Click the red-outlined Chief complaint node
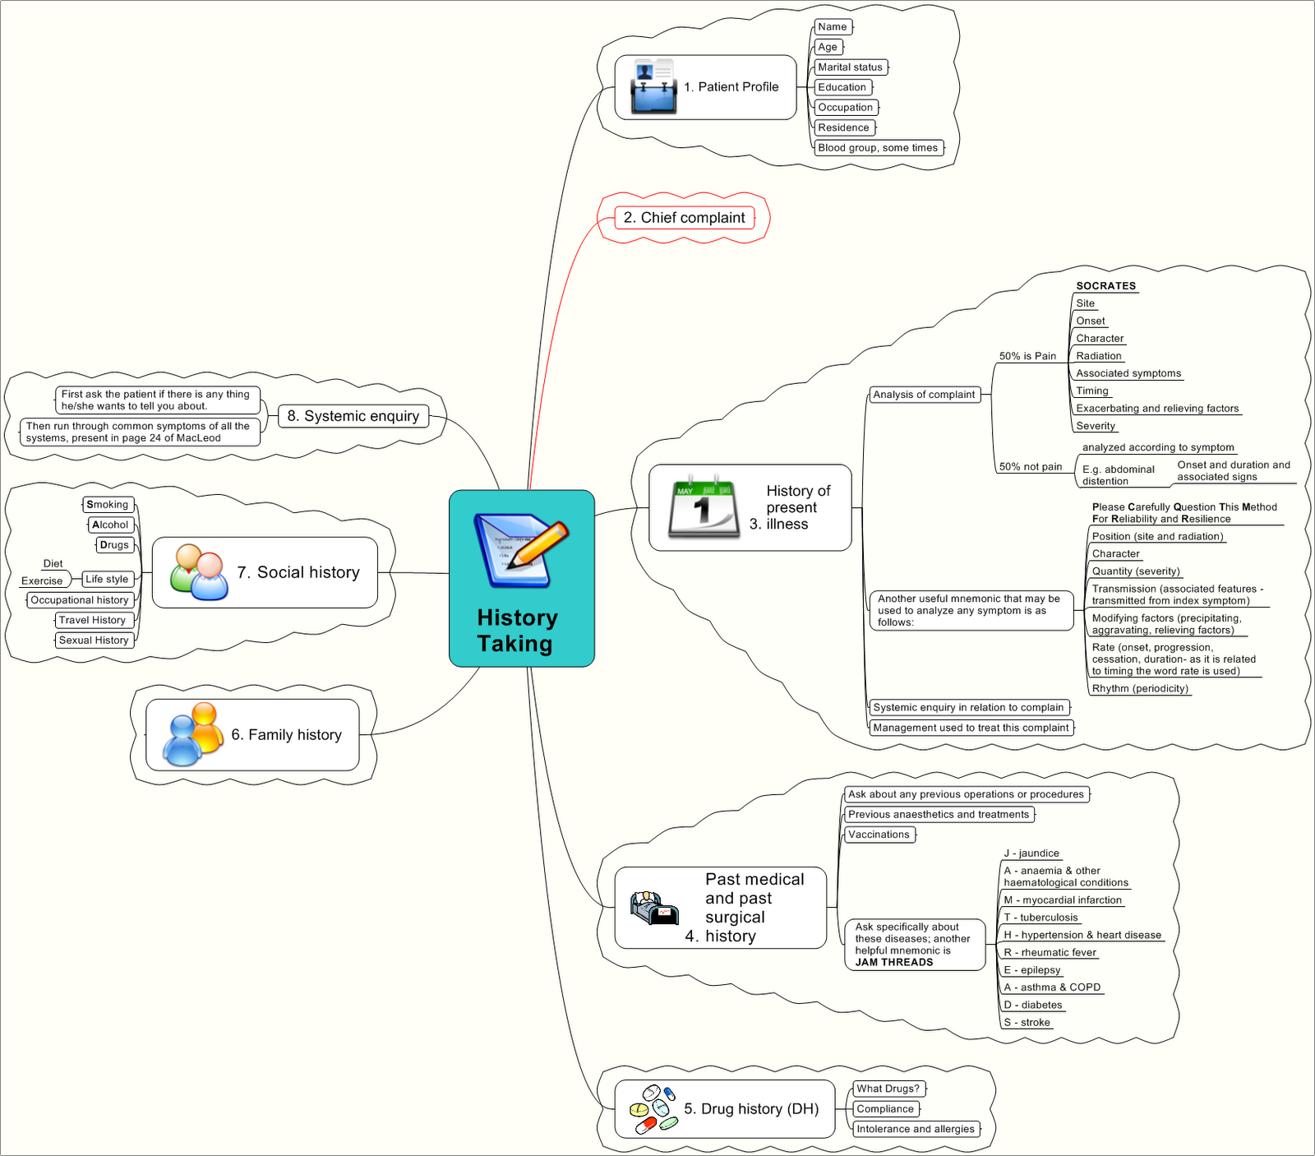tap(684, 218)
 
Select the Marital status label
tap(850, 67)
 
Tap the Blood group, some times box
tap(878, 148)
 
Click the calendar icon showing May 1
tap(700, 507)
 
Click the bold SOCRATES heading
tap(1105, 286)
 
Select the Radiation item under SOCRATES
tap(1098, 356)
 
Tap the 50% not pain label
tap(1030, 466)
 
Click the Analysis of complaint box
tap(924, 395)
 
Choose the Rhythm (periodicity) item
tap(1140, 688)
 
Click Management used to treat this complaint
tap(971, 728)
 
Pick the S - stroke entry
tap(1027, 1023)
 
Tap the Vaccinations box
tap(879, 835)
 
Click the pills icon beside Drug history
tap(653, 1108)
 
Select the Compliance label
tap(885, 1109)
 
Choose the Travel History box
tap(92, 620)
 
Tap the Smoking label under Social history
tap(108, 505)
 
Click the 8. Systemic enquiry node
tap(353, 416)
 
